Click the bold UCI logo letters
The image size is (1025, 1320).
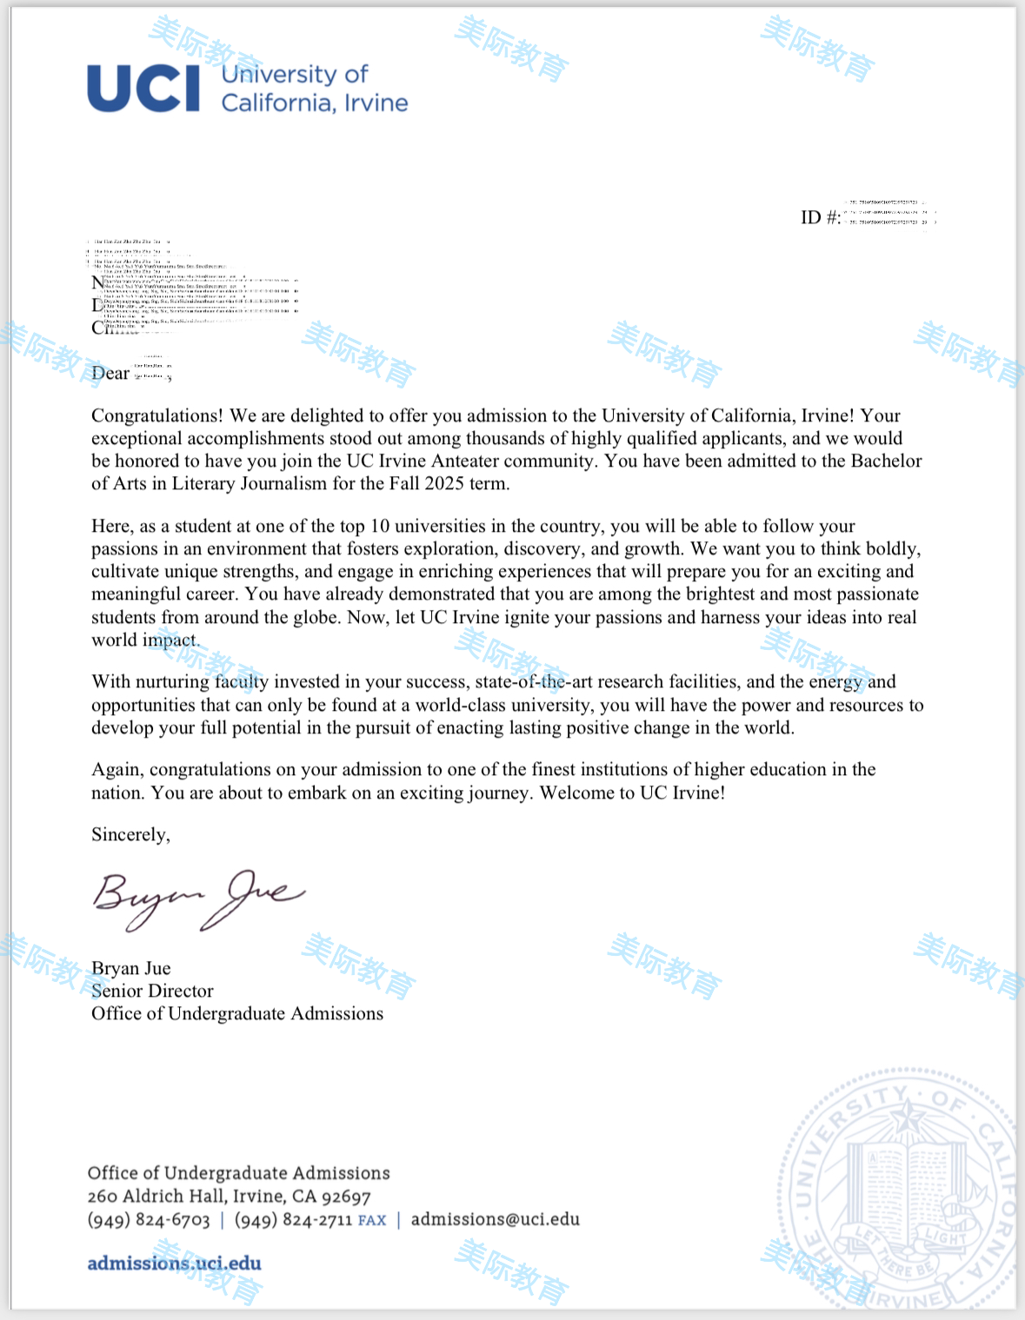(x=144, y=88)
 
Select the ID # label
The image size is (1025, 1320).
(x=820, y=217)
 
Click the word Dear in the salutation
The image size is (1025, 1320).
(x=110, y=373)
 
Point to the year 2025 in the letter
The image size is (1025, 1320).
(x=444, y=483)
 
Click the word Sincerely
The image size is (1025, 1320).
(x=130, y=834)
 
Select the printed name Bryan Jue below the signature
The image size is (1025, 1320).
(x=131, y=968)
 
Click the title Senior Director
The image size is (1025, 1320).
(x=152, y=991)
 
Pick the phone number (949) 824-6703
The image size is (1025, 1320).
(x=149, y=1220)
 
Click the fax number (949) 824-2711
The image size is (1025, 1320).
(x=293, y=1220)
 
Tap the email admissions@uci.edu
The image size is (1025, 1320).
(x=495, y=1219)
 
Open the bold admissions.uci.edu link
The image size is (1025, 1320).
(x=174, y=1263)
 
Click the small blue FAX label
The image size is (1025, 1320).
(x=372, y=1221)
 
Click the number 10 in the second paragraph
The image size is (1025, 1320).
(x=380, y=526)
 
